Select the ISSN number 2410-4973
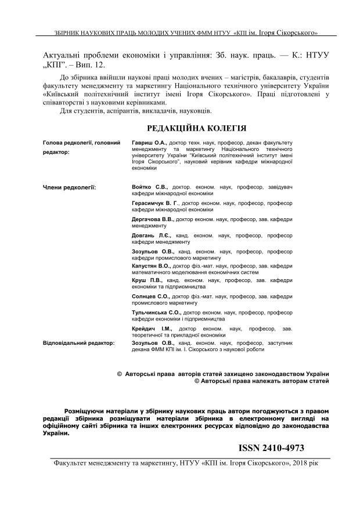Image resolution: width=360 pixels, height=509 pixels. click(271, 449)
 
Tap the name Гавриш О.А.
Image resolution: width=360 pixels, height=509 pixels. click(150, 142)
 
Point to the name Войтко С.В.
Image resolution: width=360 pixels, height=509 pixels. click(150, 187)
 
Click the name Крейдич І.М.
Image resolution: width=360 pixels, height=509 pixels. click(149, 329)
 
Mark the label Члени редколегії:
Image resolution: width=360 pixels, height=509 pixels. click(70, 187)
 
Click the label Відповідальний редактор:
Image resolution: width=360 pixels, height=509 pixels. click(78, 343)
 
